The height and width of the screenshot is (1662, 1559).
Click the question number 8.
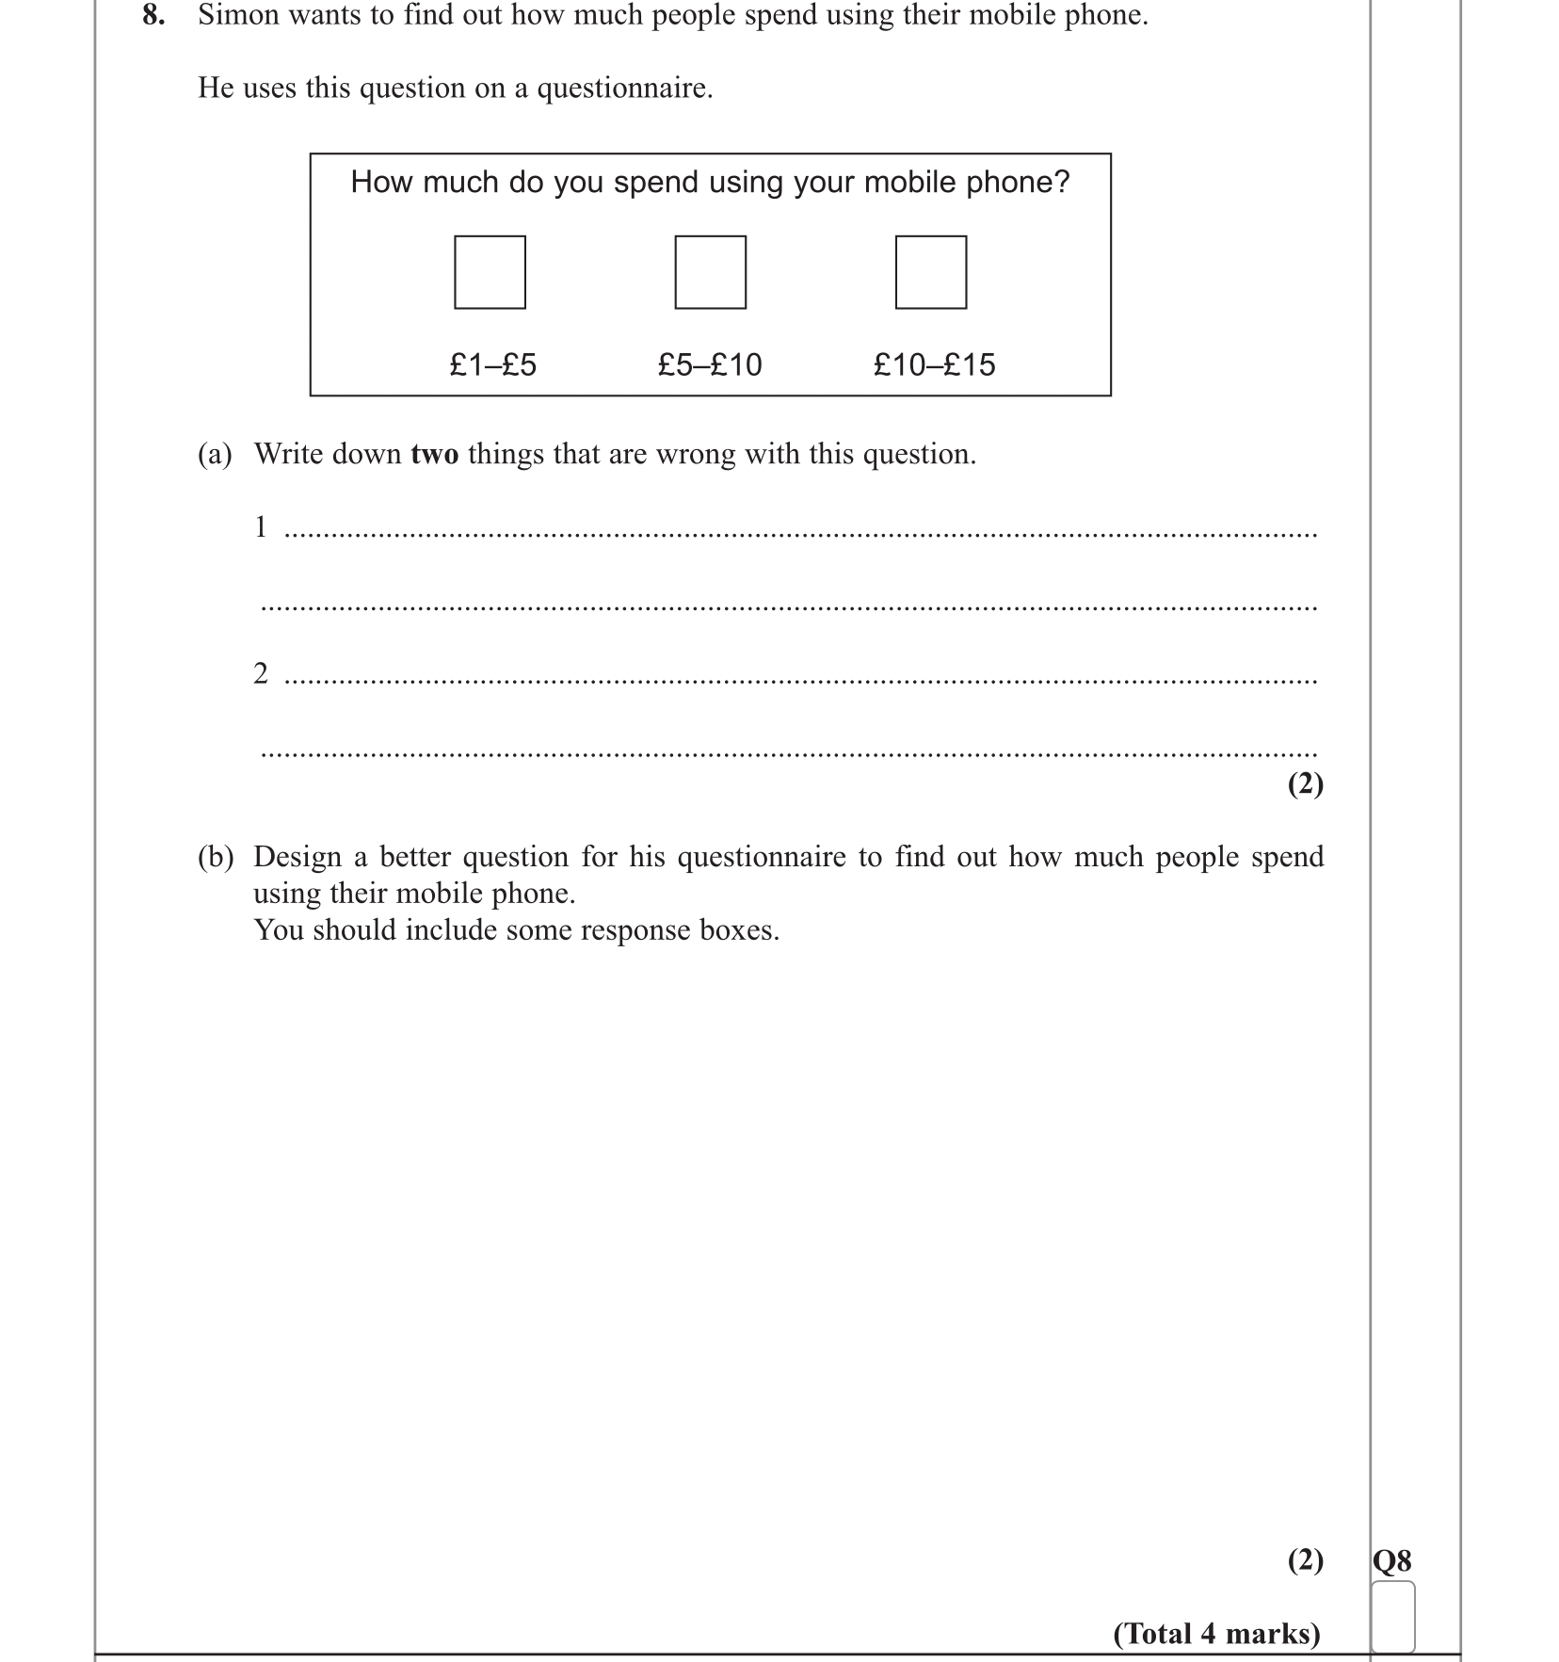pos(153,16)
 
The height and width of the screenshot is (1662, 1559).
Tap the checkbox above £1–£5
pos(490,272)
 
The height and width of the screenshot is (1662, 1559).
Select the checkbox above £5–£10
pos(710,272)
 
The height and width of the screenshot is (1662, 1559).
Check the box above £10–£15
pos(930,272)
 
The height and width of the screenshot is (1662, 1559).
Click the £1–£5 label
pos(492,364)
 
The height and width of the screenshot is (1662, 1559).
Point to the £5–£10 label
pos(709,364)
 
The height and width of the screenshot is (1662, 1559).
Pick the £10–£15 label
pos(933,364)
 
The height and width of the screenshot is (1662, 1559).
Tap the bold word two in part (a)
pos(434,454)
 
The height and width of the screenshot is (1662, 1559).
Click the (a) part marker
pos(214,454)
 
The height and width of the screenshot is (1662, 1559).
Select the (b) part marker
pos(215,857)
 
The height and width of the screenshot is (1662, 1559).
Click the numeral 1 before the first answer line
pos(261,527)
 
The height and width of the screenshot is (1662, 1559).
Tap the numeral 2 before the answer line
pos(261,673)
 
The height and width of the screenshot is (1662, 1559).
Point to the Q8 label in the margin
pos(1391,1561)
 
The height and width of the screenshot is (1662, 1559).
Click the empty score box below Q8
pos(1392,1616)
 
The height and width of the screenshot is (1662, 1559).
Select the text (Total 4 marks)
pos(1216,1633)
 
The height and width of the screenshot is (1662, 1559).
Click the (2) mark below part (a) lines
pos(1305,783)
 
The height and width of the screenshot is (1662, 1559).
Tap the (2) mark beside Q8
pos(1305,1560)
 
